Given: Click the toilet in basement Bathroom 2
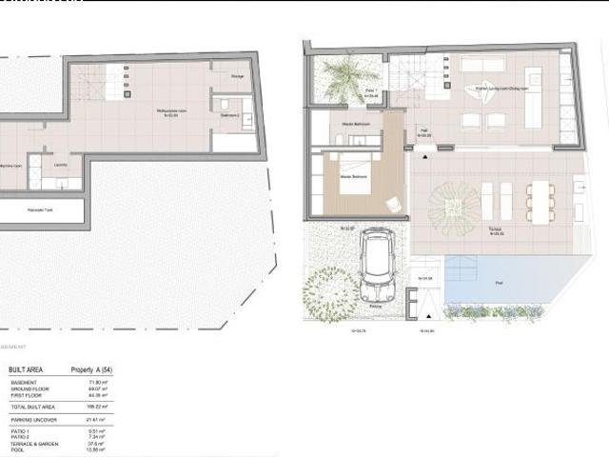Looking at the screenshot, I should click(221, 105).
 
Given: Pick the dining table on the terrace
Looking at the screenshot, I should click(540, 201).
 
